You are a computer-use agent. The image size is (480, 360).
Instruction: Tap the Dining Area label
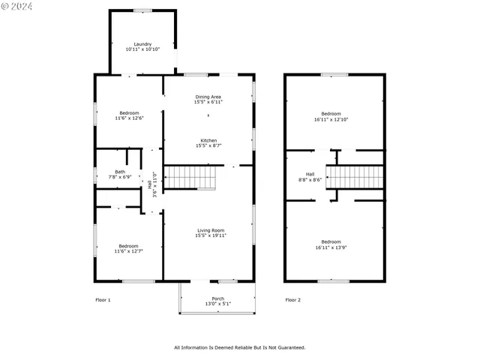coord(208,97)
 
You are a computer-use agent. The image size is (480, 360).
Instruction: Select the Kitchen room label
coord(208,140)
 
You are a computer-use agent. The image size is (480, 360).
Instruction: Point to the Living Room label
coord(211,230)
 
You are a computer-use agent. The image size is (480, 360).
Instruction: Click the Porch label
coord(218,298)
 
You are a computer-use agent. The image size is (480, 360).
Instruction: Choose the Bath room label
coord(120,172)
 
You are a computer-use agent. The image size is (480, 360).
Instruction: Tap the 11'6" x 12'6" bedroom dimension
coord(129,118)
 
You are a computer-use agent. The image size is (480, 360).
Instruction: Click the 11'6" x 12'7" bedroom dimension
coord(128,251)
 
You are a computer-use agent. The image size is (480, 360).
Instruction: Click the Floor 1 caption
coord(103,300)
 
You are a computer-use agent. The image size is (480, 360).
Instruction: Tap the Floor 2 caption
coord(292,300)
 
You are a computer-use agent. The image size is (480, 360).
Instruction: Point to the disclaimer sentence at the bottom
coord(239,347)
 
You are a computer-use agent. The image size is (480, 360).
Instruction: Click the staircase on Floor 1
coord(190,178)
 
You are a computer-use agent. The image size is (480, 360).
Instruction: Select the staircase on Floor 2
coord(354,178)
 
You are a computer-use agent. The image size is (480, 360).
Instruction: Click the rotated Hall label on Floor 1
coord(150,184)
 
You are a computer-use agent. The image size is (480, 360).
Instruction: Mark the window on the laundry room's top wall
coord(142,10)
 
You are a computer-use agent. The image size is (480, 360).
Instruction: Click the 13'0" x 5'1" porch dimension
coord(218,304)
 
